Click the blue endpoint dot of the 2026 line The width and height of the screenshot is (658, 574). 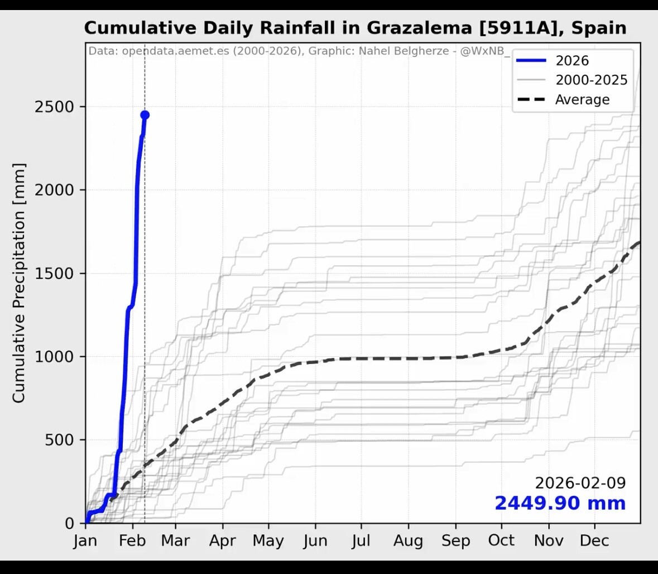pyautogui.click(x=145, y=115)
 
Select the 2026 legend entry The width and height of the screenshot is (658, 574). pyautogui.click(x=571, y=61)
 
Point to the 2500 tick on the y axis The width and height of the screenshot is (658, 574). pyautogui.click(x=54, y=107)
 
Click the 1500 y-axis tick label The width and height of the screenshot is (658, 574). pyautogui.click(x=54, y=274)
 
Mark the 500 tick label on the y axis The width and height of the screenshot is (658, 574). pyautogui.click(x=59, y=440)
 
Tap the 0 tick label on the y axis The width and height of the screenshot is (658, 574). pyautogui.click(x=70, y=523)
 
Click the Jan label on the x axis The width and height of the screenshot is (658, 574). pyautogui.click(x=85, y=541)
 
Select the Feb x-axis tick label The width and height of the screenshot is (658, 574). pyautogui.click(x=132, y=541)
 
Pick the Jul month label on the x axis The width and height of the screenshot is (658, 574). pyautogui.click(x=361, y=541)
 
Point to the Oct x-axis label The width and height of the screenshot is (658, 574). pyautogui.click(x=501, y=541)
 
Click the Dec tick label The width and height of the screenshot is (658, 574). pyautogui.click(x=595, y=541)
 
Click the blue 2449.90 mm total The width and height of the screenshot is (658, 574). pyautogui.click(x=560, y=503)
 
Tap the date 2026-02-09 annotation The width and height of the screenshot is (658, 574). pyautogui.click(x=580, y=483)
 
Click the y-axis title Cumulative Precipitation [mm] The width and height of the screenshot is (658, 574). pyautogui.click(x=19, y=283)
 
